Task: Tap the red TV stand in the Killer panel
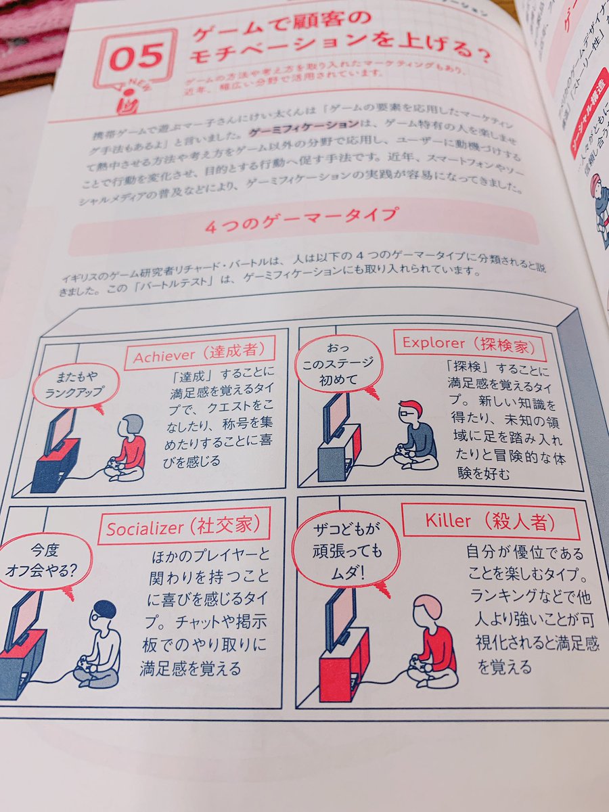click(344, 663)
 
